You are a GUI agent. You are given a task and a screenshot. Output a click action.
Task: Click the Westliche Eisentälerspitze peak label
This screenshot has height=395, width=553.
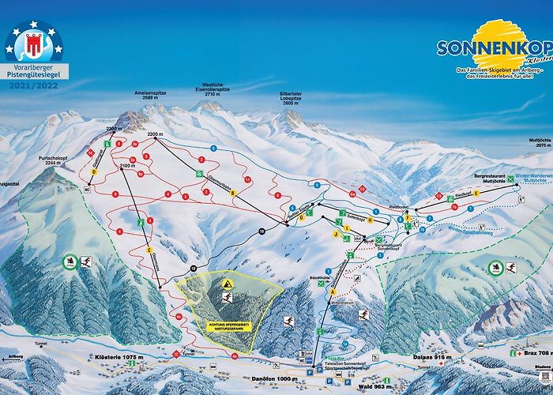point(214,88)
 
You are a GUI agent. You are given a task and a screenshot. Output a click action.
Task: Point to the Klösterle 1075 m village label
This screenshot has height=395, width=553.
point(118,357)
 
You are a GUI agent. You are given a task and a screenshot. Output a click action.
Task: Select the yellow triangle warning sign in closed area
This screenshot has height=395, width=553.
point(227,284)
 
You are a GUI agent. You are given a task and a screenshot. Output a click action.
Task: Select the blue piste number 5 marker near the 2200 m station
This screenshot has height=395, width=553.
point(213,148)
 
